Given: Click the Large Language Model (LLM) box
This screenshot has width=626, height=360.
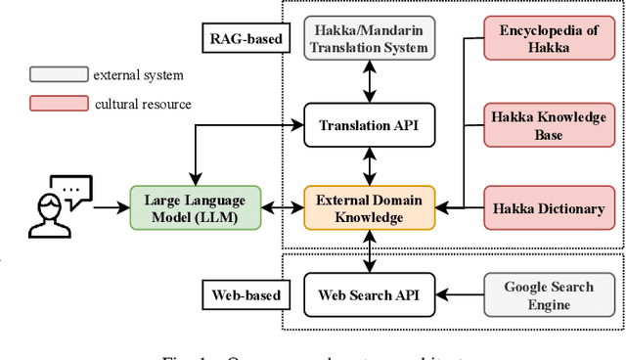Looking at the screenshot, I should tap(196, 207).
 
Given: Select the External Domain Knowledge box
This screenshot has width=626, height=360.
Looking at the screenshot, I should tap(370, 207).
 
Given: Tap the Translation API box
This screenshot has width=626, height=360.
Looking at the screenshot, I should tap(370, 124).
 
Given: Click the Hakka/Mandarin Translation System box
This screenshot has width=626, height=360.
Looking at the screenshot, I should tap(370, 38).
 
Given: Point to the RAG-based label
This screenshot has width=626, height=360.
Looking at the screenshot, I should tap(247, 39).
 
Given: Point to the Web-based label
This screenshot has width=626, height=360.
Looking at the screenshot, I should tap(246, 293).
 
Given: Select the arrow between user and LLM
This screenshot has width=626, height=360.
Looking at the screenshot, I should tap(111, 207).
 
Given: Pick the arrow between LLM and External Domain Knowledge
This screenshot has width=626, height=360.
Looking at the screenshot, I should tap(283, 207).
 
